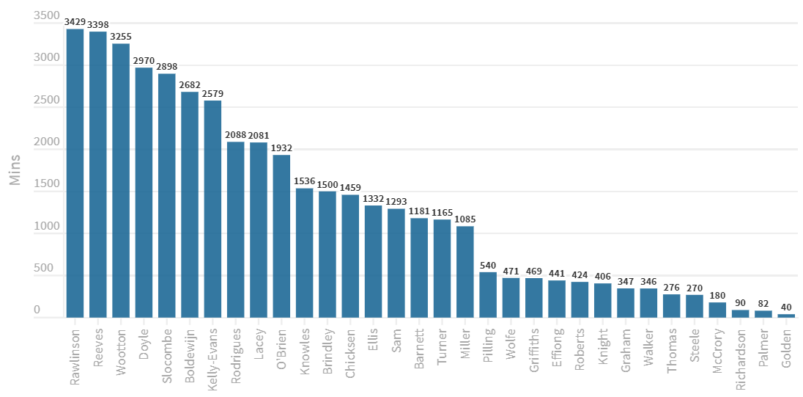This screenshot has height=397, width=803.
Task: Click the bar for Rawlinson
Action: click(75, 173)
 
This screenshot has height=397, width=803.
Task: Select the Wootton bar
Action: click(121, 181)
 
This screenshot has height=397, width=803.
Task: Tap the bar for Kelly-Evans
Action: click(212, 209)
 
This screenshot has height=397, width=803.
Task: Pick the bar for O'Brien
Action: click(281, 236)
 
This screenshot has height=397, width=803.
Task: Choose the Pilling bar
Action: click(488, 295)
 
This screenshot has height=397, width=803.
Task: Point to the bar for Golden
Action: click(786, 316)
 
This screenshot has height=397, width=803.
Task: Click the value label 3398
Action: click(98, 26)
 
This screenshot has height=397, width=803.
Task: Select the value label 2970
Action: click(144, 61)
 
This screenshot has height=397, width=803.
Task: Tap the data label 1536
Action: click(304, 181)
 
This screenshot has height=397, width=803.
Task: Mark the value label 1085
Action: click(465, 219)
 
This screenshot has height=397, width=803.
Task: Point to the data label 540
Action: click(488, 266)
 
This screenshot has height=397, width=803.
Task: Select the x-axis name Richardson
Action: click(741, 356)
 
